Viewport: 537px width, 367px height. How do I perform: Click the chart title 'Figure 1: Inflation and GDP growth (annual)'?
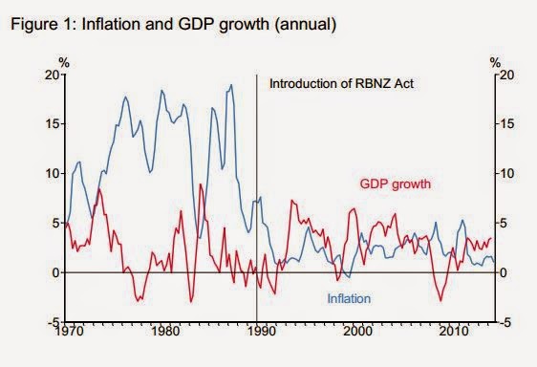click(174, 25)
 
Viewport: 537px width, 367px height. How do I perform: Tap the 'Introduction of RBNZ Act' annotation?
click(341, 83)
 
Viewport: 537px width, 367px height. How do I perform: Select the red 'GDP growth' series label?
click(396, 184)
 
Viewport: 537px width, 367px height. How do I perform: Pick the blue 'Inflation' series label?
click(349, 299)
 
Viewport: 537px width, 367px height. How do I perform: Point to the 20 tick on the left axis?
click(53, 75)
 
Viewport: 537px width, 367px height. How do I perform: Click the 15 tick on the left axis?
click(53, 124)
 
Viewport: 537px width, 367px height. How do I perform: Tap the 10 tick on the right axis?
click(506, 173)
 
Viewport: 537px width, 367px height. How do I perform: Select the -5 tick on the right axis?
click(505, 322)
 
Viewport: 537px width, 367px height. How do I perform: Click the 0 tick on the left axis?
click(56, 272)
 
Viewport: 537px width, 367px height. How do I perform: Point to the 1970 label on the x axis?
click(69, 332)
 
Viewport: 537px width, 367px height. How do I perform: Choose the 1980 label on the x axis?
click(164, 332)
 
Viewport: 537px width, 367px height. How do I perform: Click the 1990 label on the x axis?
click(261, 332)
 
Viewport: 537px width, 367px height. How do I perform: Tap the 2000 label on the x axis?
click(357, 332)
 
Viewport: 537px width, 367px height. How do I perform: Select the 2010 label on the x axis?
click(454, 332)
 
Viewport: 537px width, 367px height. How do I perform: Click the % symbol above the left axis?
click(64, 63)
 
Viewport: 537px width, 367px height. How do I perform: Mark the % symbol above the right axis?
click(495, 63)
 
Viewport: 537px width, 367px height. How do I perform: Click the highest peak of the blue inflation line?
click(231, 85)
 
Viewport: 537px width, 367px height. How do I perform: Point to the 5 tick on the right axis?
click(504, 224)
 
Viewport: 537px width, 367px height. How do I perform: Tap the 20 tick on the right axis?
click(506, 75)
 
